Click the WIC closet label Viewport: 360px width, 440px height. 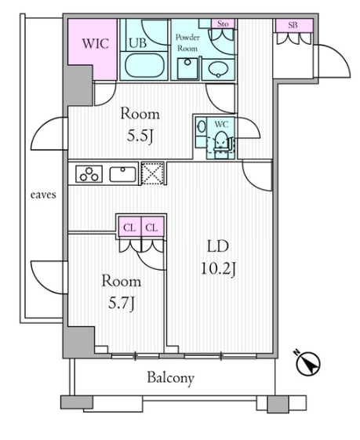coord(96,44)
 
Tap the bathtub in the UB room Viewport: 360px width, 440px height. coord(144,65)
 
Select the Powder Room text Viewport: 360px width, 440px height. coord(187,43)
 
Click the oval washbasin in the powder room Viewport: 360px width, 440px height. coord(218,69)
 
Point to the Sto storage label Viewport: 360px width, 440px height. coord(223,24)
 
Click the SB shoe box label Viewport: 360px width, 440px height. coord(293,25)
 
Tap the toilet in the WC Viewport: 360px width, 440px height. coord(221,142)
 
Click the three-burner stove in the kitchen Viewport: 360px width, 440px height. coord(89,174)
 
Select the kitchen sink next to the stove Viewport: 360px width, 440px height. coord(123,174)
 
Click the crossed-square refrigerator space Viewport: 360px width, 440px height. coord(152,173)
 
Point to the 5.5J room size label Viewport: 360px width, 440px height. coord(140,136)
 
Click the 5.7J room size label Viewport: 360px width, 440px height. coord(122,304)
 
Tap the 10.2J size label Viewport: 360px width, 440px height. coord(219,269)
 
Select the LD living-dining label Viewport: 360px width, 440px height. coord(218,246)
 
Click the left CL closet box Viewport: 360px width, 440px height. coord(129,226)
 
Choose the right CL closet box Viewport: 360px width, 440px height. coord(152,226)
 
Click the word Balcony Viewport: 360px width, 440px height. coord(171,378)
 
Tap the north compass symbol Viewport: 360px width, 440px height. coord(308,364)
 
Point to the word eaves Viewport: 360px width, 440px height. coord(43,195)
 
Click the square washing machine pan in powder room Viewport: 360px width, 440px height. coord(187,68)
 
